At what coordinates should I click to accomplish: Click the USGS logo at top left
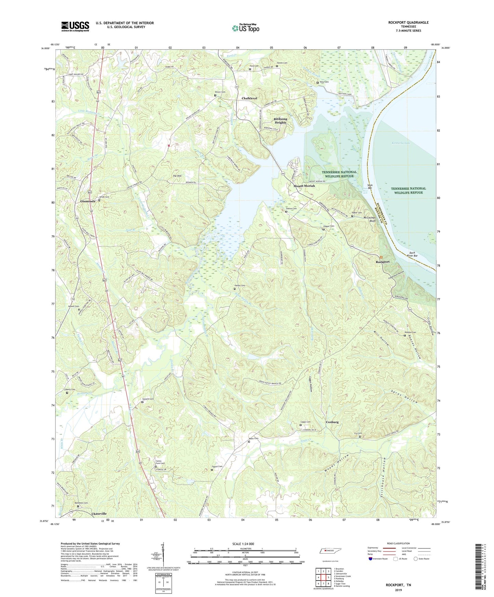75,26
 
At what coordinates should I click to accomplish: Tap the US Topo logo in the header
245,28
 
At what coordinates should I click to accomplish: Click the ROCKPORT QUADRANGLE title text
408,23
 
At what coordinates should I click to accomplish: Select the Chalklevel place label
249,98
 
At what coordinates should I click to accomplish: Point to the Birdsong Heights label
280,121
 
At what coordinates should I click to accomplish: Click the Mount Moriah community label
304,186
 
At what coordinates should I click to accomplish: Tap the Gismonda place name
88,201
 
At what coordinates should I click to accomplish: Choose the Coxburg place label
332,422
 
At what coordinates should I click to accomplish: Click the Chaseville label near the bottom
99,514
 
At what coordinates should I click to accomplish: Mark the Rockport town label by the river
383,262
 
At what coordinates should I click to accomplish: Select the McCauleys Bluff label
369,219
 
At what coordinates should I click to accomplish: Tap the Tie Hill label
177,176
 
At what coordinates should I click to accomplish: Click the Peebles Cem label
410,332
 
